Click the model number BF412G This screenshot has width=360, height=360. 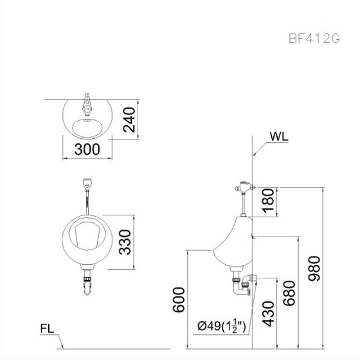coord(314,39)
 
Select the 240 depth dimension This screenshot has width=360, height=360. coord(129,120)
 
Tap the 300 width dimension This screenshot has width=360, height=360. coord(87,149)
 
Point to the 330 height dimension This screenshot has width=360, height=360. coord(125,242)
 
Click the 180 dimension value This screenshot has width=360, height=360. coord(268,201)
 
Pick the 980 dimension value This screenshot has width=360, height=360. coord(314,269)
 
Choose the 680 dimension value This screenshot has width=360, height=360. coord(289,293)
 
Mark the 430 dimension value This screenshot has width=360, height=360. coord(268,314)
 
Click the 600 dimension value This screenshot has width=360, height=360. coord(179,300)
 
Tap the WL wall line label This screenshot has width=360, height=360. coord(279,136)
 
